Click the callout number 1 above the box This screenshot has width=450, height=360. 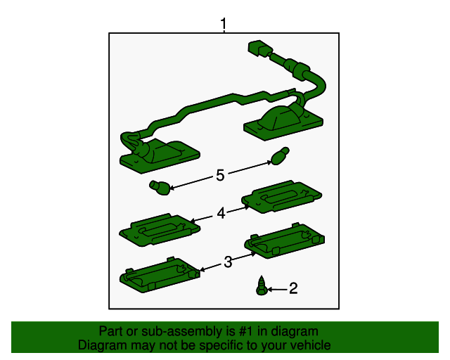tap(224, 23)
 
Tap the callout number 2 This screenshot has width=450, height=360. tap(293, 288)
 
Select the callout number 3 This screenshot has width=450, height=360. tap(228, 262)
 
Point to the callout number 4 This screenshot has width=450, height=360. tap(221, 213)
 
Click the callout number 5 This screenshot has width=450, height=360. tap(220, 175)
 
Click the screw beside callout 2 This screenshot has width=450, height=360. tap(262, 285)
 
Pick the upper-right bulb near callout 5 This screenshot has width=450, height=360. tap(280, 156)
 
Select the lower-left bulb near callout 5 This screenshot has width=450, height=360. tap(160, 188)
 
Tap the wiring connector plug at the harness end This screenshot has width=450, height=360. tap(259, 49)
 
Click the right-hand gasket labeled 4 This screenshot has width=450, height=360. tap(281, 197)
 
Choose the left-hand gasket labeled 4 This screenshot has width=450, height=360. tap(160, 230)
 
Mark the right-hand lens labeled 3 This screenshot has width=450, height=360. tap(284, 240)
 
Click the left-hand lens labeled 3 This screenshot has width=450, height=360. tap(160, 275)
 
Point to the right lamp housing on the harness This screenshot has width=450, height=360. tap(283, 122)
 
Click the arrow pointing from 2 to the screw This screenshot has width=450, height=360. tap(277, 290)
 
